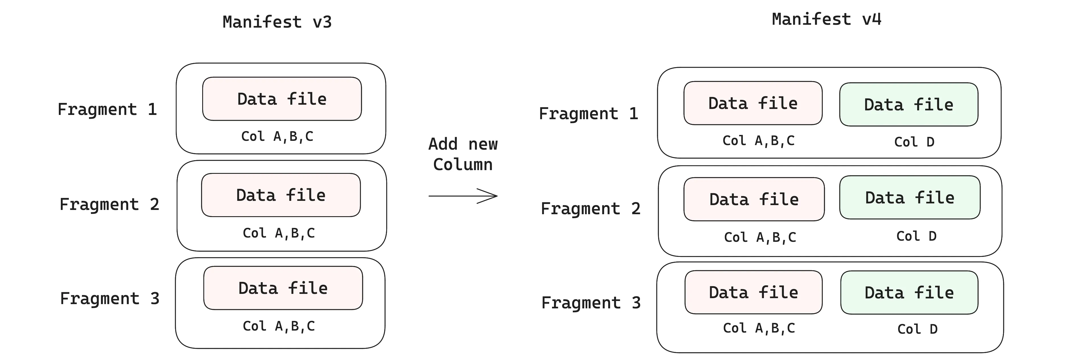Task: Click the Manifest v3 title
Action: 277,22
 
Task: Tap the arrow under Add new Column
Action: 463,195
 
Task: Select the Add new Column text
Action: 463,154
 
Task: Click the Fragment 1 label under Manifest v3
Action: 107,109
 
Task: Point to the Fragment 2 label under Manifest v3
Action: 109,204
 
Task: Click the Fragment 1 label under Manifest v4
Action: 588,114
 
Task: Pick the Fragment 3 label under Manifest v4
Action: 591,303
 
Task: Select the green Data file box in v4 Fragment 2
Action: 909,197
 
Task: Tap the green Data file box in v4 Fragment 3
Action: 909,292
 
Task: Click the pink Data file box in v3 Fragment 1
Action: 282,99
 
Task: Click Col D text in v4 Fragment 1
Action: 914,142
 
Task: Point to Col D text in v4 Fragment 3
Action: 917,329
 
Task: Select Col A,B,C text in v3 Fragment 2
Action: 278,233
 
